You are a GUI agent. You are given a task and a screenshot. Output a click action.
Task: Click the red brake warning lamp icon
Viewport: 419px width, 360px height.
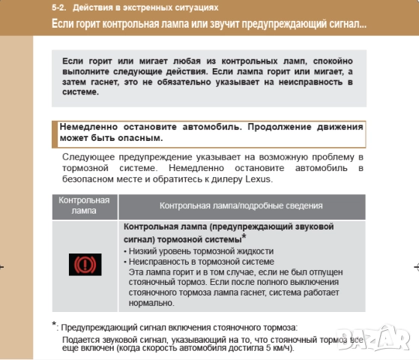[84, 265]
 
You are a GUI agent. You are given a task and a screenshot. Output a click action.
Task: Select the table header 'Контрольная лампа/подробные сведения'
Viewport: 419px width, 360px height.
[241, 205]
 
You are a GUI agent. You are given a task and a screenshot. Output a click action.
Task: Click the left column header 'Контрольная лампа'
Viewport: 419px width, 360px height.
[84, 205]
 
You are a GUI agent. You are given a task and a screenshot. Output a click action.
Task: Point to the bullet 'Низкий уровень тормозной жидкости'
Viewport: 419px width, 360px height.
[200, 250]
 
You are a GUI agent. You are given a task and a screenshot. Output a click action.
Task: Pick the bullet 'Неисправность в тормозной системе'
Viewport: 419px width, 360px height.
[200, 261]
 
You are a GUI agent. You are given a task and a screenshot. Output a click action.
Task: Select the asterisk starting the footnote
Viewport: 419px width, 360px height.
[55, 325]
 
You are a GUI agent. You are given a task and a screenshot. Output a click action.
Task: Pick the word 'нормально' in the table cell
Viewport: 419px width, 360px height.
[151, 303]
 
